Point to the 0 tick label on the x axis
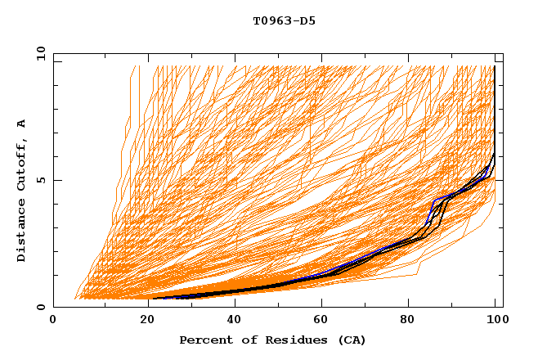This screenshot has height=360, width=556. [x=54, y=322]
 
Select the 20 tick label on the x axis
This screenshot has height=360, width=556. [x=143, y=322]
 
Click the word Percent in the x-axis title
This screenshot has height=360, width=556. [x=204, y=340]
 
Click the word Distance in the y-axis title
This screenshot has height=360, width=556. [x=22, y=229]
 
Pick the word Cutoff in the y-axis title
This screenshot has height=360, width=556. [x=22, y=166]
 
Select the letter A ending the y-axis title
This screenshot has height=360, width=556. [x=22, y=124]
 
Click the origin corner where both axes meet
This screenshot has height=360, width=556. [x=54, y=308]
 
